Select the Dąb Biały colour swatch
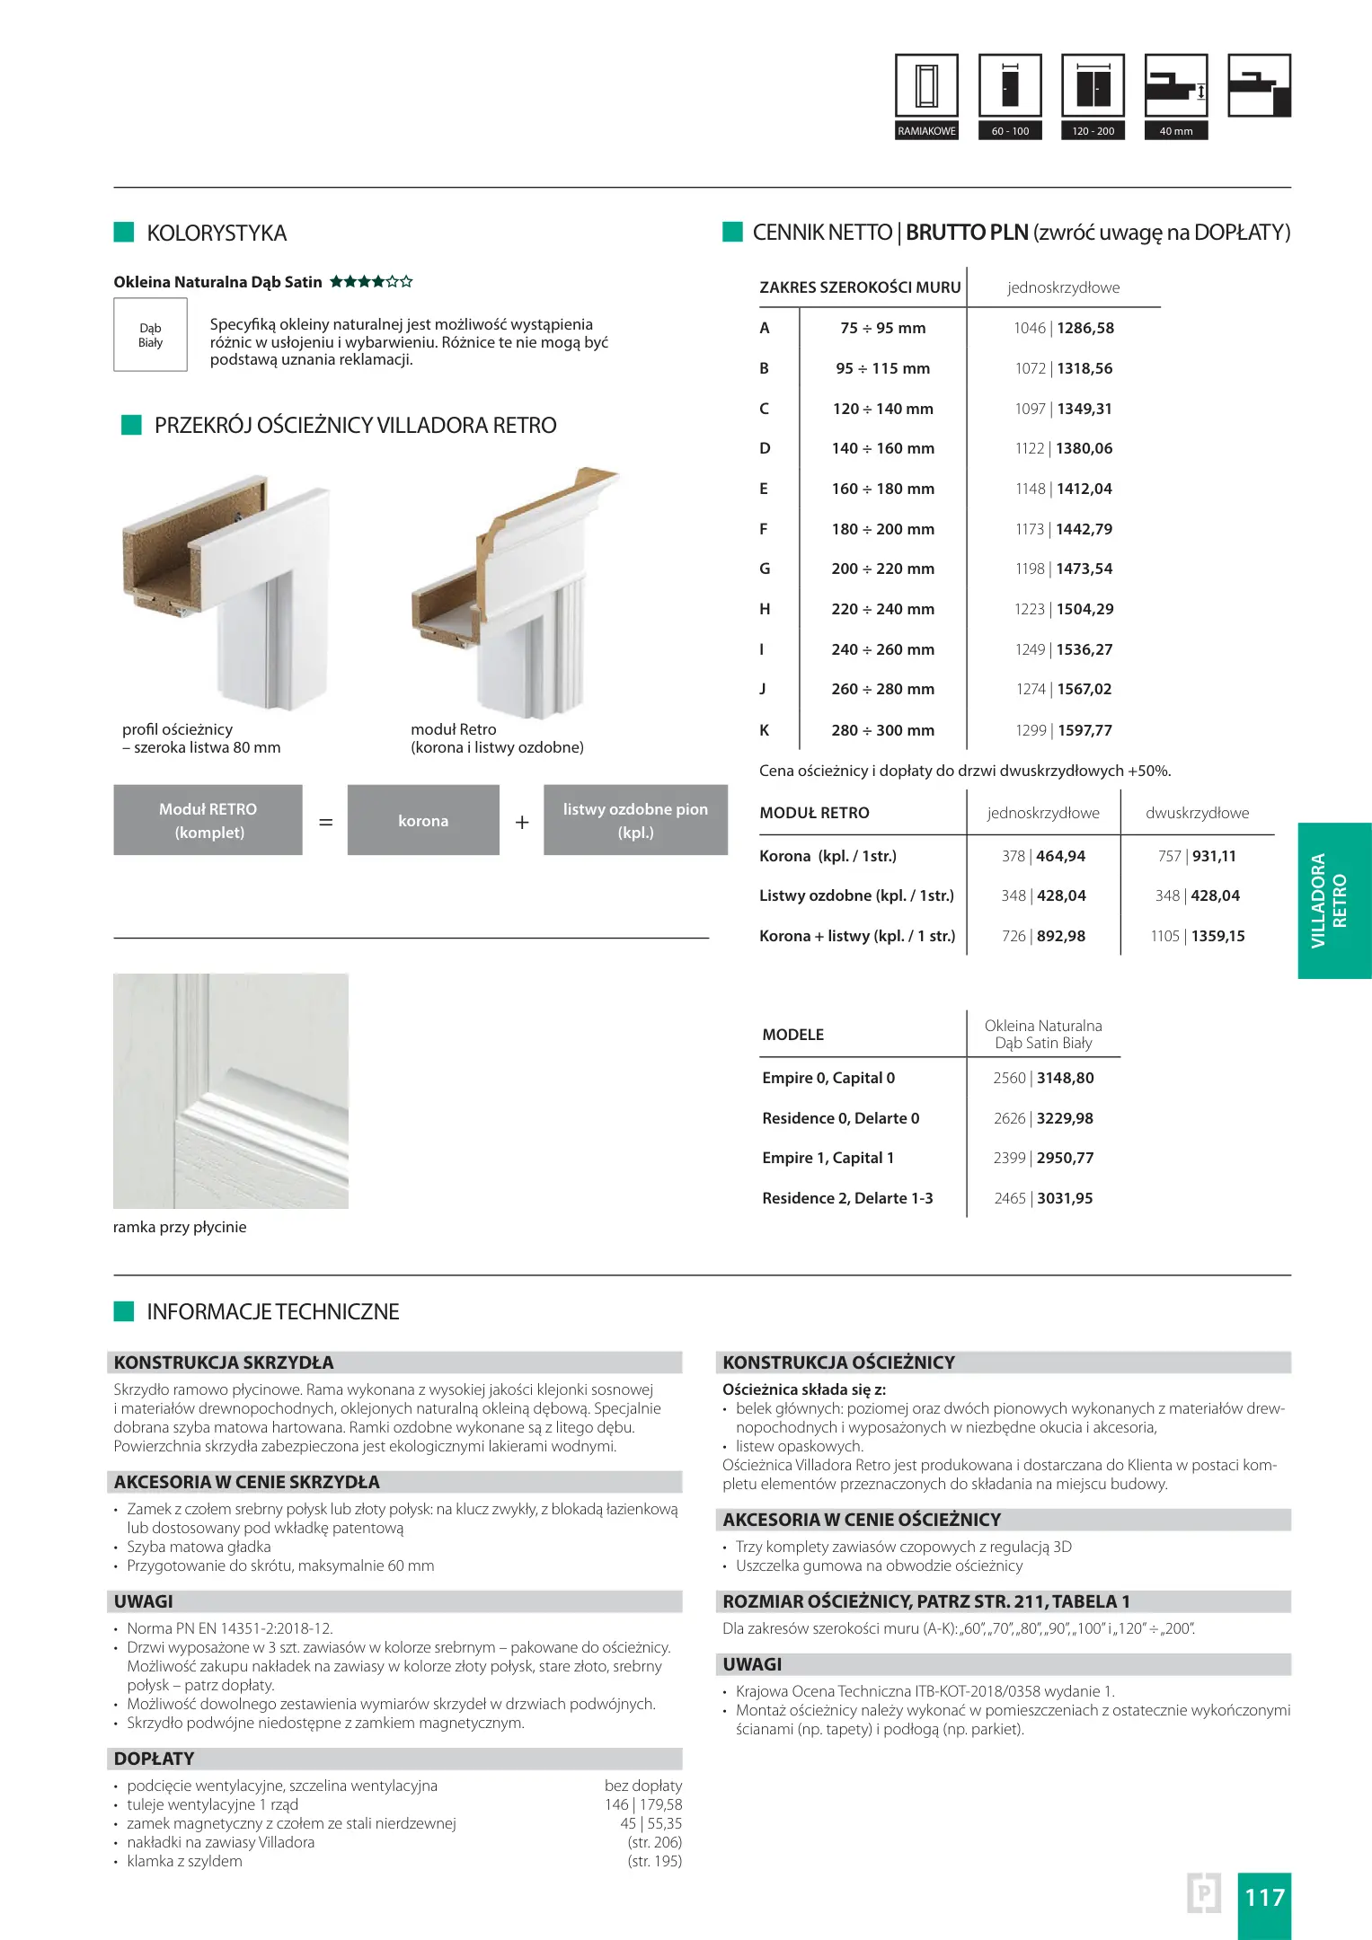click(150, 335)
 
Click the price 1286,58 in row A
click(1085, 329)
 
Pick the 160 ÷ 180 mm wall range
click(882, 489)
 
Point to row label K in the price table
click(765, 730)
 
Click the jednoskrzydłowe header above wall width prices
click(1063, 288)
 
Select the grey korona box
click(423, 821)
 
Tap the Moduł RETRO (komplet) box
click(208, 821)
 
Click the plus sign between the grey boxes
click(522, 822)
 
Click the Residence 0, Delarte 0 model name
click(840, 1119)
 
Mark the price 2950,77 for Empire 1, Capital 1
click(1065, 1159)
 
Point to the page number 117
click(1264, 1898)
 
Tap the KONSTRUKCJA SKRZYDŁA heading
click(224, 1362)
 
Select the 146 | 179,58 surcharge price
click(642, 1805)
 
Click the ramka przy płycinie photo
click(231, 1091)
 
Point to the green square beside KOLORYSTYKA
click(124, 233)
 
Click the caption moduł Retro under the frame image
click(454, 730)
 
